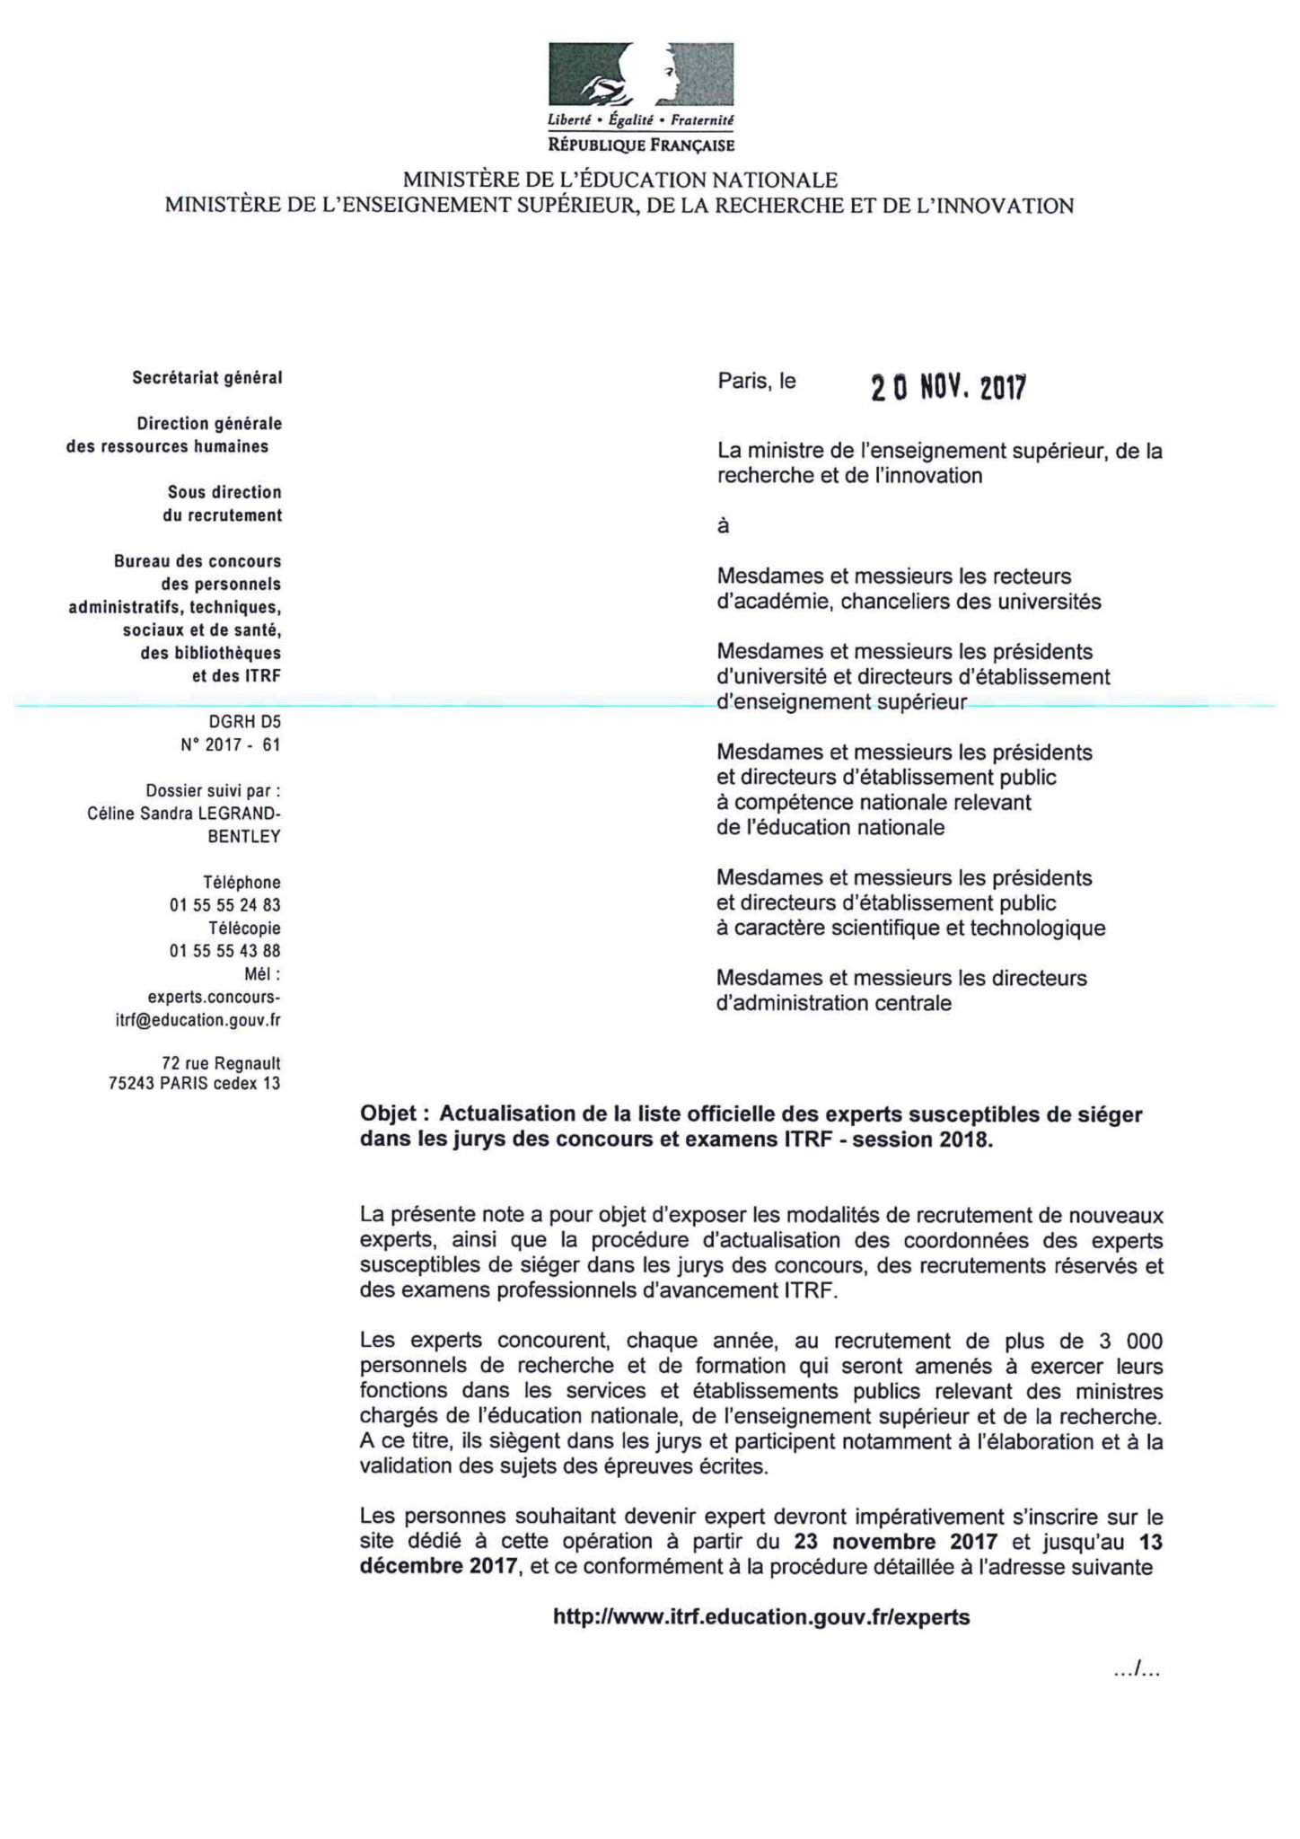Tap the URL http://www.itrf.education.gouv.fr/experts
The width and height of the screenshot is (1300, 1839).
[761, 1617]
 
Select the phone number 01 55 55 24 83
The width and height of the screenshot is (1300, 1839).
[224, 905]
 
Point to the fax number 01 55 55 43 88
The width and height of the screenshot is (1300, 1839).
[224, 951]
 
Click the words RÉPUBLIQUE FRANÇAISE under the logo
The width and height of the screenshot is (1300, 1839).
[641, 145]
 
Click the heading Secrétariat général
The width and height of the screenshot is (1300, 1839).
[207, 378]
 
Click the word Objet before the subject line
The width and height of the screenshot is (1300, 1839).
[388, 1114]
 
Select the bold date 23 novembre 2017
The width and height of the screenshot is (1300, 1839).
[896, 1542]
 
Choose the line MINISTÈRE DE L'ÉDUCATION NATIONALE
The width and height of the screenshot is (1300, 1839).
[619, 180]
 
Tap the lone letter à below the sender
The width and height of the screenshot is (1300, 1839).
[723, 527]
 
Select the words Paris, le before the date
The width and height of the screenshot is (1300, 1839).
[756, 381]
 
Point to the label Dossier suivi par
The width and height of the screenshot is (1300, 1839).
[213, 791]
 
